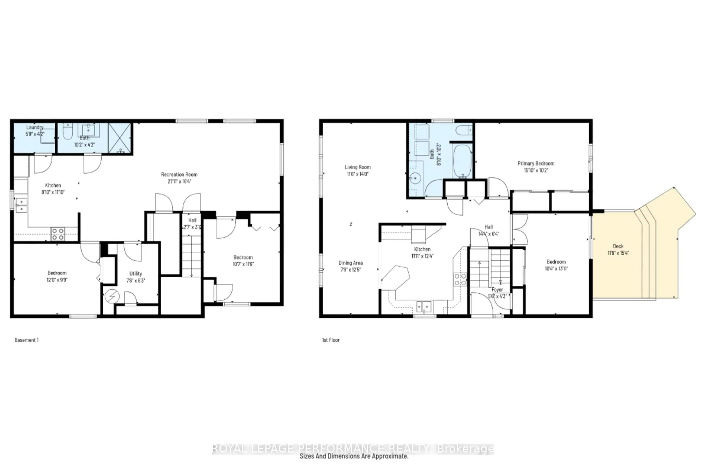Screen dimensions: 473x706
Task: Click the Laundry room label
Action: pos(35,127)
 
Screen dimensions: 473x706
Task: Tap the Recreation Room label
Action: pos(179,174)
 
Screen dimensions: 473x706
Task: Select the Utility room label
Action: pos(136,274)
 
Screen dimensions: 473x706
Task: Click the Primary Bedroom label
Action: pos(536,163)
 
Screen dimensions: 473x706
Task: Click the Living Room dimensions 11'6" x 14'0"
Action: pos(357,174)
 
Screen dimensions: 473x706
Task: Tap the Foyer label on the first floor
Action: pos(497,290)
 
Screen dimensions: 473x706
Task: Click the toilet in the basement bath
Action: pos(67,132)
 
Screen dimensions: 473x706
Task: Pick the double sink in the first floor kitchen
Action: pos(424,307)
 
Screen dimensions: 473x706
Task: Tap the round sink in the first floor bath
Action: pos(415,178)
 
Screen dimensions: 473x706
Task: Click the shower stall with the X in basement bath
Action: pos(120,138)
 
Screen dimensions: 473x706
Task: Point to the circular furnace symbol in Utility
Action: pos(112,296)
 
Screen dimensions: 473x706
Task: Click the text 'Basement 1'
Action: pos(26,340)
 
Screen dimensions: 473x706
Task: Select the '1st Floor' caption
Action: pos(331,340)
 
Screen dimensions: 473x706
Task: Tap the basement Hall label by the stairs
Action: pos(192,220)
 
